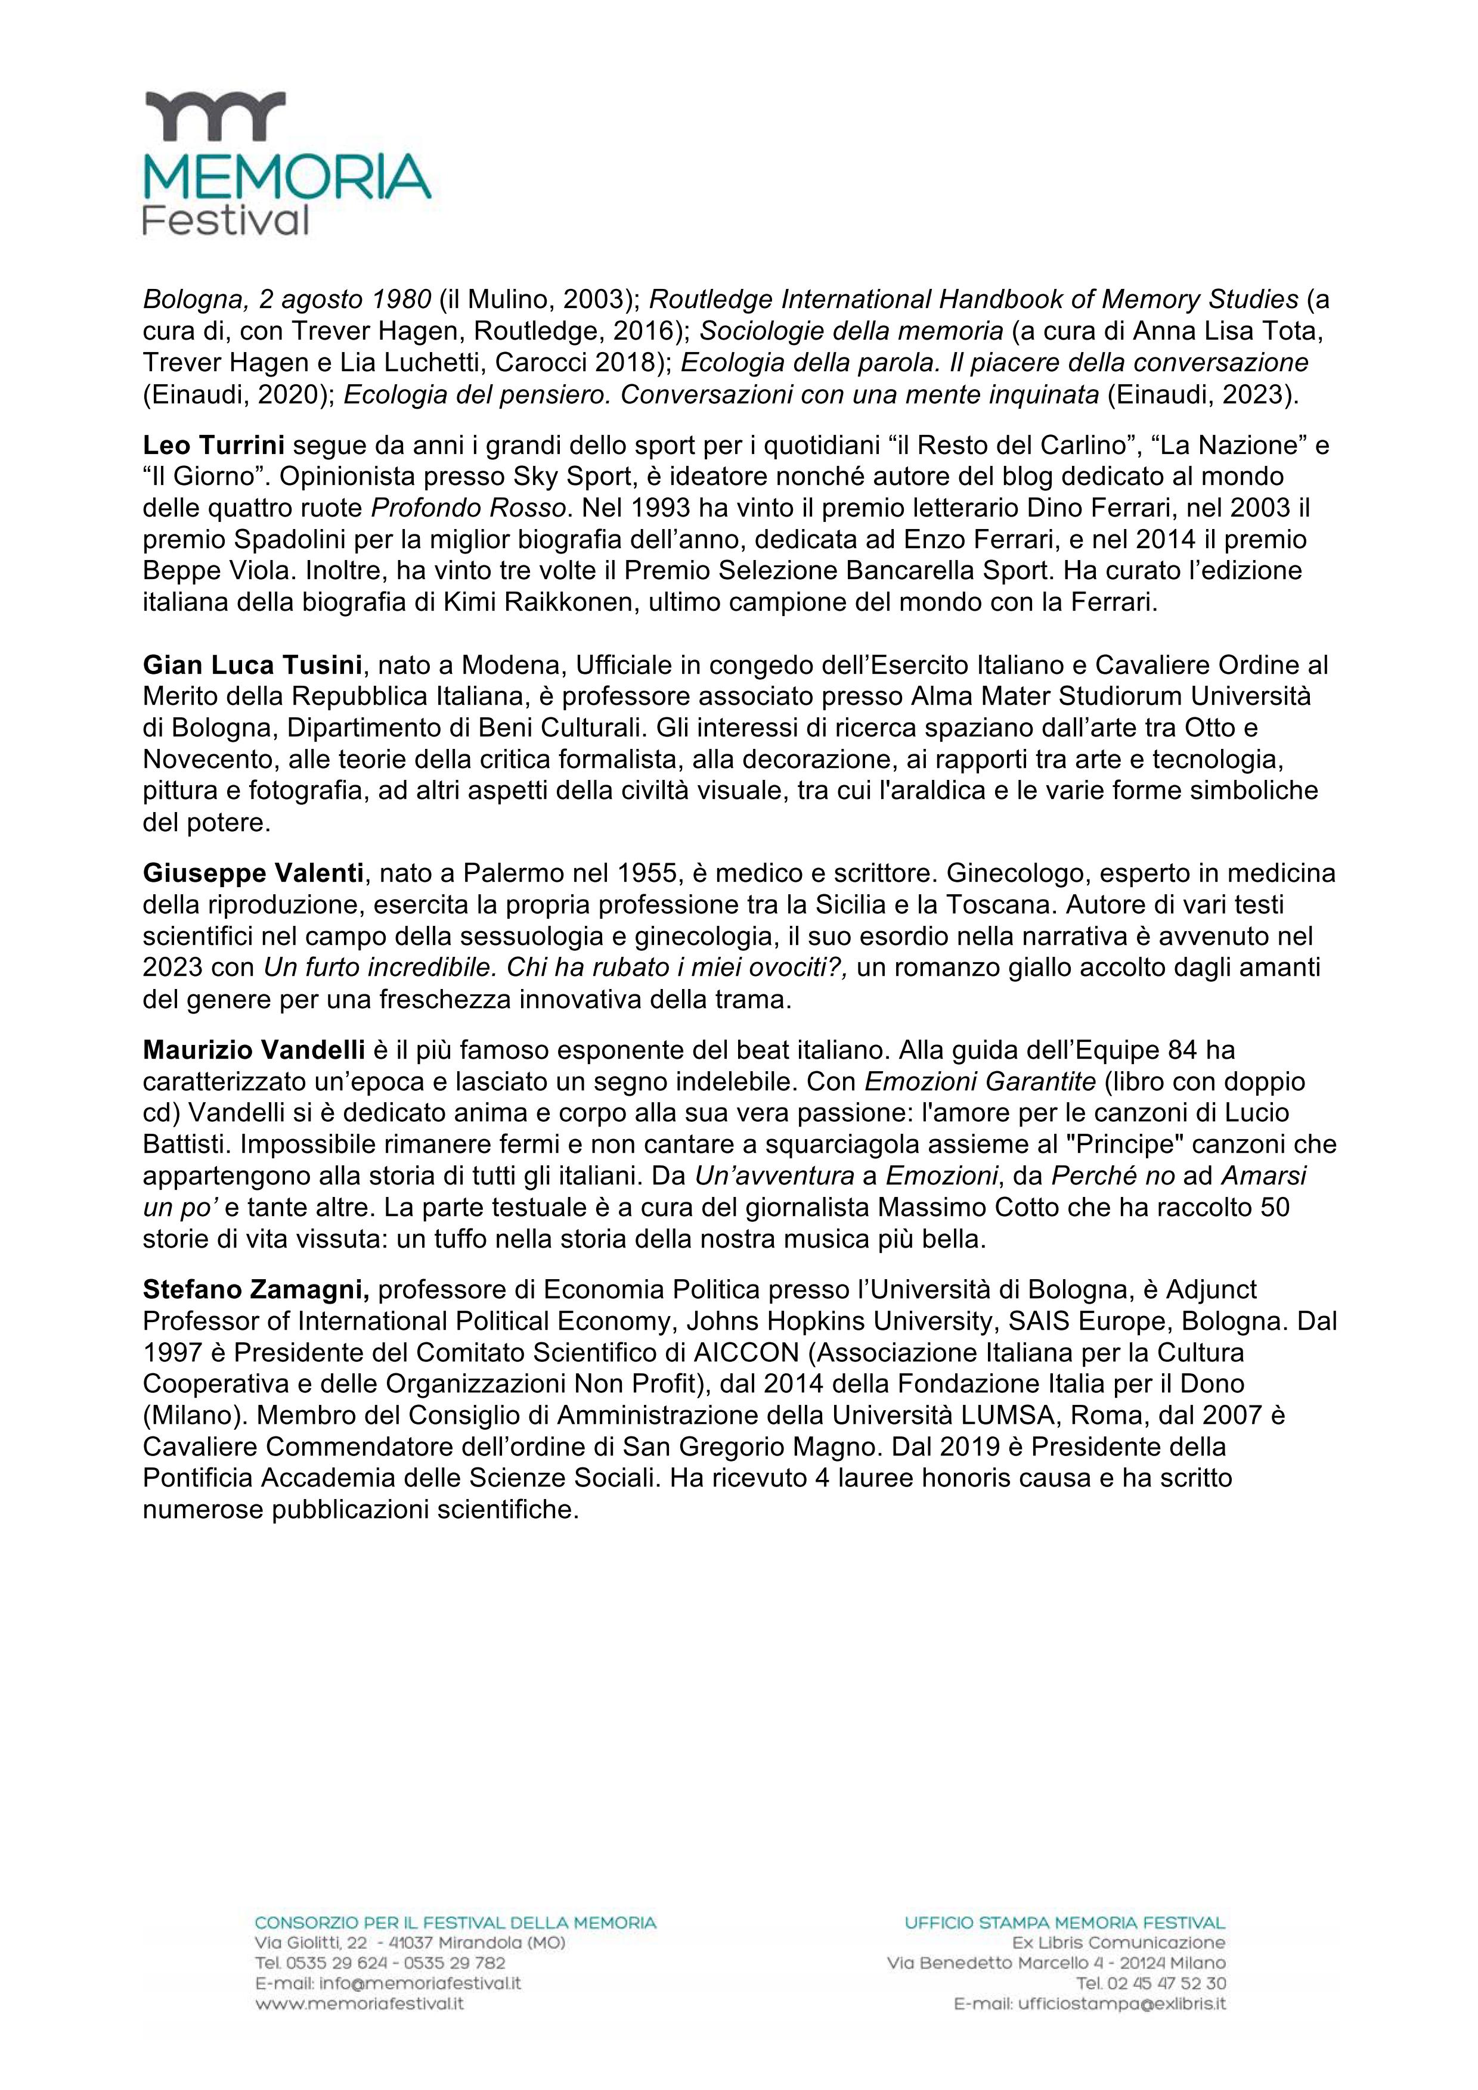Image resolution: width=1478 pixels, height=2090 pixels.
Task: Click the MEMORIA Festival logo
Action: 286,164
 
